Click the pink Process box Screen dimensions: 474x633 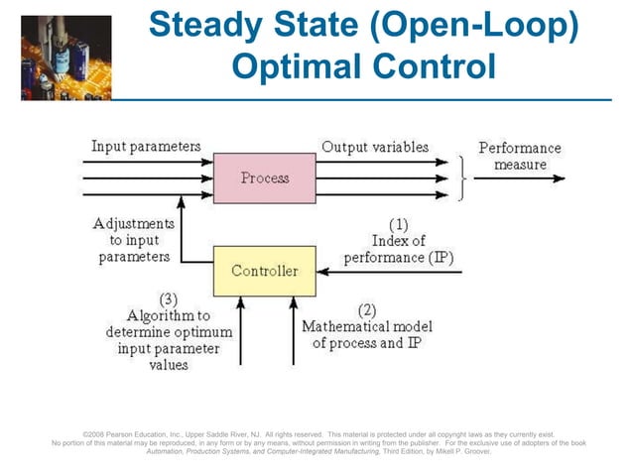(x=265, y=178)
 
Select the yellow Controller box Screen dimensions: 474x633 (x=264, y=271)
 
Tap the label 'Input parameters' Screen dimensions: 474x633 (x=146, y=147)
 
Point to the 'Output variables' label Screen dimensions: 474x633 (x=374, y=147)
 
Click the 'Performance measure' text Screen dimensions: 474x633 (x=519, y=157)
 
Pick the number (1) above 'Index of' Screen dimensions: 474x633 (x=398, y=223)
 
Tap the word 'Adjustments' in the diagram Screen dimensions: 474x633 (x=133, y=223)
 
